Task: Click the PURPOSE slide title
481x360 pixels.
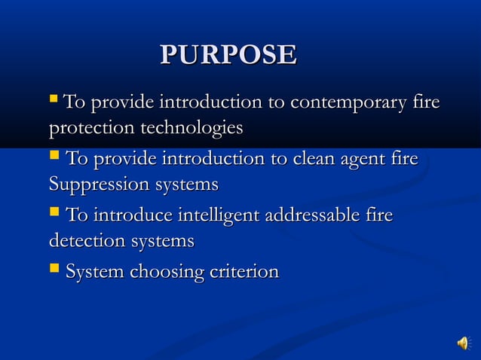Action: coord(228,55)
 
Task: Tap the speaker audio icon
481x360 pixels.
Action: coord(462,343)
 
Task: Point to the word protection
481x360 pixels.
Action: coord(90,128)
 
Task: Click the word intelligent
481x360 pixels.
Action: coord(214,216)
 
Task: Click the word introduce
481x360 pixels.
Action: coord(130,216)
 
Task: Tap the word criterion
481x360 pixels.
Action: coord(241,271)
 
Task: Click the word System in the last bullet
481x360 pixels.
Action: coord(95,271)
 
